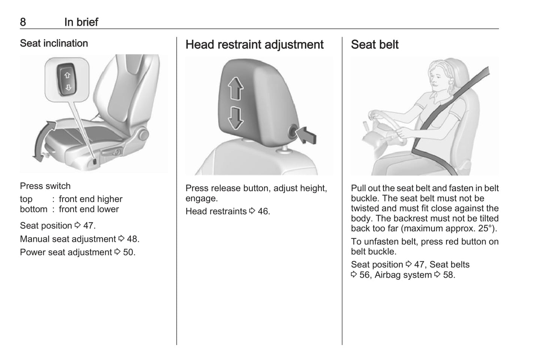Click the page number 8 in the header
23,22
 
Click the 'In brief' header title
81,22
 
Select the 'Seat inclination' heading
54,43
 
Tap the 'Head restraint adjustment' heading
254,45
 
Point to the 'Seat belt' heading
375,45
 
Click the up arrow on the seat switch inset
67,75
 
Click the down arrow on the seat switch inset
68,87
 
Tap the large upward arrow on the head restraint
236,88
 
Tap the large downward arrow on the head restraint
236,118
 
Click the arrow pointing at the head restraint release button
306,135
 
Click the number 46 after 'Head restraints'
264,212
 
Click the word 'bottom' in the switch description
34,209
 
